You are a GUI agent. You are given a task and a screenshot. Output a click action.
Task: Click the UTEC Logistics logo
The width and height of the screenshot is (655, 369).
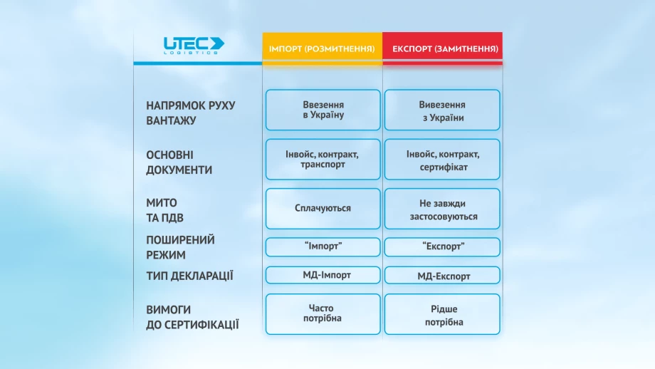pos(194,46)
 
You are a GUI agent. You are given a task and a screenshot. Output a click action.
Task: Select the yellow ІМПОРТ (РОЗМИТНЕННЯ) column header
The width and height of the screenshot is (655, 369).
pos(322,47)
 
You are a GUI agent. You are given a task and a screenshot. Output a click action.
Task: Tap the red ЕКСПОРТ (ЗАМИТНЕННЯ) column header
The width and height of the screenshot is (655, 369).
pos(442,47)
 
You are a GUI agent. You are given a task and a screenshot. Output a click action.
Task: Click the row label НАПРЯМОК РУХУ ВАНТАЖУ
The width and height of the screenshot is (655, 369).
pos(191,113)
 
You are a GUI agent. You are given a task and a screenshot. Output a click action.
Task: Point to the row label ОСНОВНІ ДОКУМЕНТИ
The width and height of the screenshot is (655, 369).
pos(179,162)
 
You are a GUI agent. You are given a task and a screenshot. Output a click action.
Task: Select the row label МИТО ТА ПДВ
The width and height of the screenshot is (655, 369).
pos(164,210)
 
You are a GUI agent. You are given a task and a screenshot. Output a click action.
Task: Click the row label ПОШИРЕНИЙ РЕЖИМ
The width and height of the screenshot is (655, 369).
pos(180,247)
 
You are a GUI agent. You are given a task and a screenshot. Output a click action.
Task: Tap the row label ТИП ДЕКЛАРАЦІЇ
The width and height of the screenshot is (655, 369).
pos(189,276)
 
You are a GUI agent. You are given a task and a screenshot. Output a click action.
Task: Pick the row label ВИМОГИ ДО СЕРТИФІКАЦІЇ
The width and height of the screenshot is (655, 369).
pos(192,317)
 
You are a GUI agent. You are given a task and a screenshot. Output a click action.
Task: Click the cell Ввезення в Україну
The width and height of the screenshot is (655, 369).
pos(323,110)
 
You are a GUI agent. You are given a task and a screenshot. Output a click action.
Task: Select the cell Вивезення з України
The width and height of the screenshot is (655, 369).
pos(442,110)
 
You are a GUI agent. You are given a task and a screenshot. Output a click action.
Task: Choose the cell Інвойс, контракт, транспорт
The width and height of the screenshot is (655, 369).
pos(323,160)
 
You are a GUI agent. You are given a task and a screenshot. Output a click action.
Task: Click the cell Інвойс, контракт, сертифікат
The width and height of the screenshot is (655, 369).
pos(442,160)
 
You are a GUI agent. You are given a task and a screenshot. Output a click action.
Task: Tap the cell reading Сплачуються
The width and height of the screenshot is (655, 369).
pos(323,209)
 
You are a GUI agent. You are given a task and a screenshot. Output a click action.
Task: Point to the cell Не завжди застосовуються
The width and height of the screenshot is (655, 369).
pos(442,209)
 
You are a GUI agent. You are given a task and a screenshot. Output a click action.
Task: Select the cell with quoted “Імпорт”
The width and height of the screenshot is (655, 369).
pos(323,247)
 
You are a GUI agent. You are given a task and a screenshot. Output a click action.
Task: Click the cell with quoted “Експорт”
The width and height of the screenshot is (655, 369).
pos(442,247)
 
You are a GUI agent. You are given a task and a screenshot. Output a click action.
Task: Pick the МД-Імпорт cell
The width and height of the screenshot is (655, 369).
pos(323,275)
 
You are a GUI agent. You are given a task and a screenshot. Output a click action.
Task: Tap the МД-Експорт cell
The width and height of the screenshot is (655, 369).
pos(442,275)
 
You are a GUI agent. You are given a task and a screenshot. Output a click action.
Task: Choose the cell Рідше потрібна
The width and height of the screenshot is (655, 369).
pos(442,314)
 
